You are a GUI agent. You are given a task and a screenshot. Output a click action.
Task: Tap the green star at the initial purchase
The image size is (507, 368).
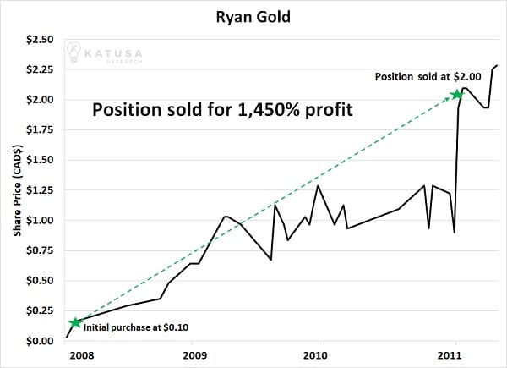75,322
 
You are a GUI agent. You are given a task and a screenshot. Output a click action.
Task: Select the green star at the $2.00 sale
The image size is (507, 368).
457,95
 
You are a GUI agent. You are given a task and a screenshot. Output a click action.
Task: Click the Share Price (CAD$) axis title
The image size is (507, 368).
16,190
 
